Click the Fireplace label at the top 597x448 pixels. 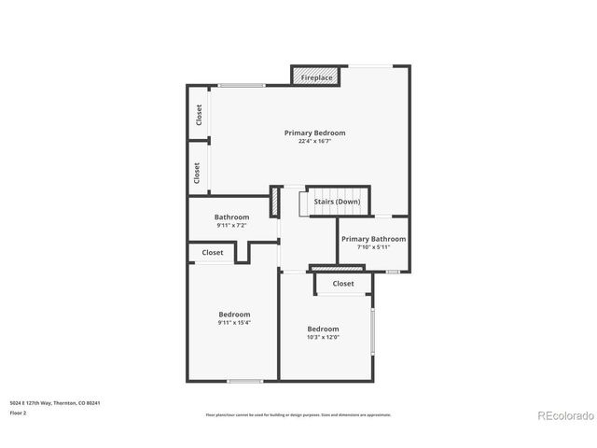coord(317,77)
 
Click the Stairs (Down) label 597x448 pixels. coord(337,201)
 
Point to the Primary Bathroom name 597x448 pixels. coord(373,239)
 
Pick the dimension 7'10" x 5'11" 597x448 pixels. coord(373,247)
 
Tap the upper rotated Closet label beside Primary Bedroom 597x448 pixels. coord(199,114)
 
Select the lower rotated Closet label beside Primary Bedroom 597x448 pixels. coord(197,173)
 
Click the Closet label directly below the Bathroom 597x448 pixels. coord(213,252)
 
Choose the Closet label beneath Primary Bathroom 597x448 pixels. coord(343,283)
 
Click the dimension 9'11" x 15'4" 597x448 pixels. coord(234,322)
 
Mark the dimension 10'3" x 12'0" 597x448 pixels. coord(324,337)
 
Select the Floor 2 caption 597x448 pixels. coord(19,412)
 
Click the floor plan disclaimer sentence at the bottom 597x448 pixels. coord(298,414)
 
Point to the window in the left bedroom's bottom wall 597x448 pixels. coord(244,380)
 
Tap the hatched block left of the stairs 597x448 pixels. coord(275,202)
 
